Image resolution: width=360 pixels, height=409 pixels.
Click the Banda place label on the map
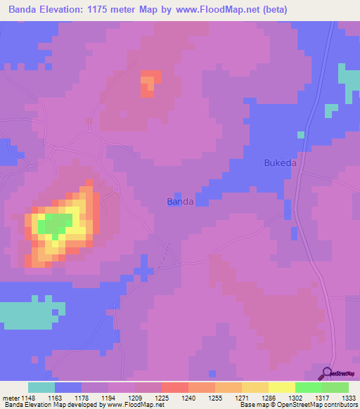[x=180, y=202]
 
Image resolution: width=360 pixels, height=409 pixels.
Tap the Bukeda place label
[x=280, y=163]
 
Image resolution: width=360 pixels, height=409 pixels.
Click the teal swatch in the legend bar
[x=41, y=387]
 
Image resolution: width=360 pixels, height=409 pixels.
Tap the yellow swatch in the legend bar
[x=282, y=387]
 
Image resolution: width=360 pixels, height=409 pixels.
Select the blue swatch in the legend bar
[x=68, y=387]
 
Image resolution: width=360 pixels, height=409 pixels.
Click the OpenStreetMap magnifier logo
[x=327, y=373]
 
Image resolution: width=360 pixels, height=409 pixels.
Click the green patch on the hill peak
[x=54, y=224]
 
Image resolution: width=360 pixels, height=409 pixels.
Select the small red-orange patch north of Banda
[x=147, y=84]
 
